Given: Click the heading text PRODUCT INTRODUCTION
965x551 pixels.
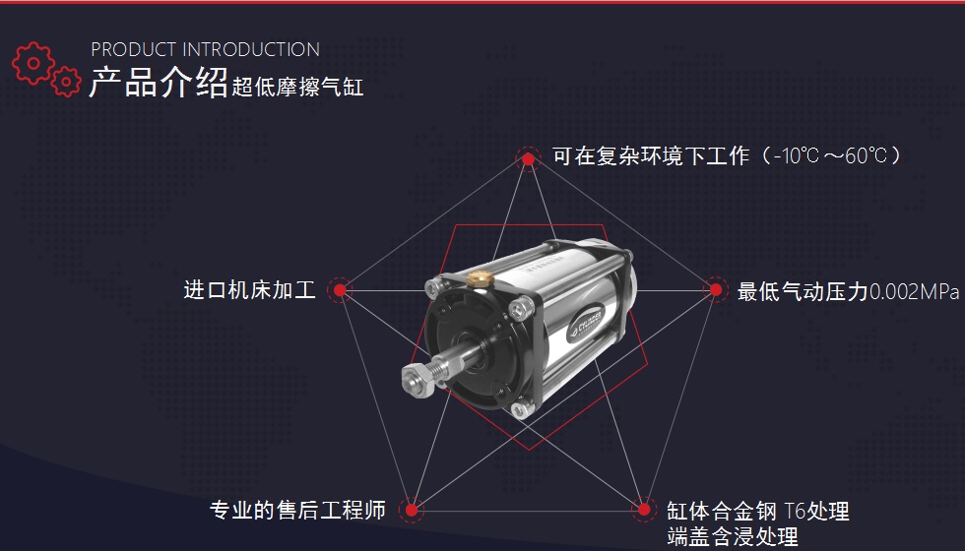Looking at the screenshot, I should click(x=205, y=49).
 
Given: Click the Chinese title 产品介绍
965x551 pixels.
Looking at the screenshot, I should click(x=158, y=84).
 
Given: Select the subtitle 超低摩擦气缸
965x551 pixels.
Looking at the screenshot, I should click(x=298, y=88).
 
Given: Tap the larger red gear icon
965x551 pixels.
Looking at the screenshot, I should click(x=33, y=62).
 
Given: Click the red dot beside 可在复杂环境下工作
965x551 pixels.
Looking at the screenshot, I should click(x=528, y=158).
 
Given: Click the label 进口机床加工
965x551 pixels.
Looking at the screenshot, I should click(x=250, y=290).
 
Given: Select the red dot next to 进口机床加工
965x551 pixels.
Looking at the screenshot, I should click(x=340, y=290).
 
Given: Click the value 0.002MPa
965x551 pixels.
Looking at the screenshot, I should click(x=915, y=291).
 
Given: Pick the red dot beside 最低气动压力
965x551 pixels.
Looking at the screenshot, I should click(x=717, y=290).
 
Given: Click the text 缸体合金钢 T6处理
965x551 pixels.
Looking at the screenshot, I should click(x=757, y=512).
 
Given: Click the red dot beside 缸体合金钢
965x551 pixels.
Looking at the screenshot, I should click(x=644, y=510).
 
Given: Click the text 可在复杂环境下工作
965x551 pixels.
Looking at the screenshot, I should click(x=651, y=156).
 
